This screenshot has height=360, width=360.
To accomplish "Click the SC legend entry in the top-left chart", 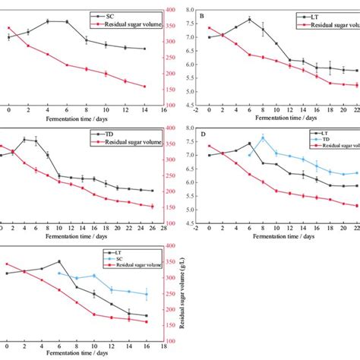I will coord(122,14).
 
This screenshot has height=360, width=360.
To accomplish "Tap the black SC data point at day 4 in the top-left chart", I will coord(48,21).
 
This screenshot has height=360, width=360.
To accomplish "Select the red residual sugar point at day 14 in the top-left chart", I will coord(144,86).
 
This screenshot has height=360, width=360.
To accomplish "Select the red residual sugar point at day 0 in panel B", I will coord(210,28).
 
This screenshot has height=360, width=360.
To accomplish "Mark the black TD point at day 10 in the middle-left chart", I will coord(59,176).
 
